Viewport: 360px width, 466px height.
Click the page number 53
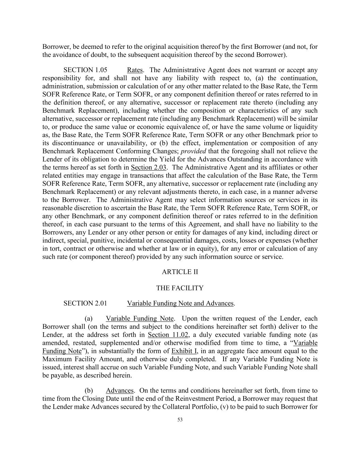[180, 420]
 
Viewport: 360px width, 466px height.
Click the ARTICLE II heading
[180, 272]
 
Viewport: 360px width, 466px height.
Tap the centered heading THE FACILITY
[180, 288]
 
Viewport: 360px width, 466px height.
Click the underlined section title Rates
[135, 70]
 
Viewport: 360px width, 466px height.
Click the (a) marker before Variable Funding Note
[89, 319]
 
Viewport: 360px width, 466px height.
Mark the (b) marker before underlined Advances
[89, 391]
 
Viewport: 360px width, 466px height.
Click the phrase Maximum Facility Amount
[76, 359]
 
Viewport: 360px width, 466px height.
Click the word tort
[55, 249]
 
